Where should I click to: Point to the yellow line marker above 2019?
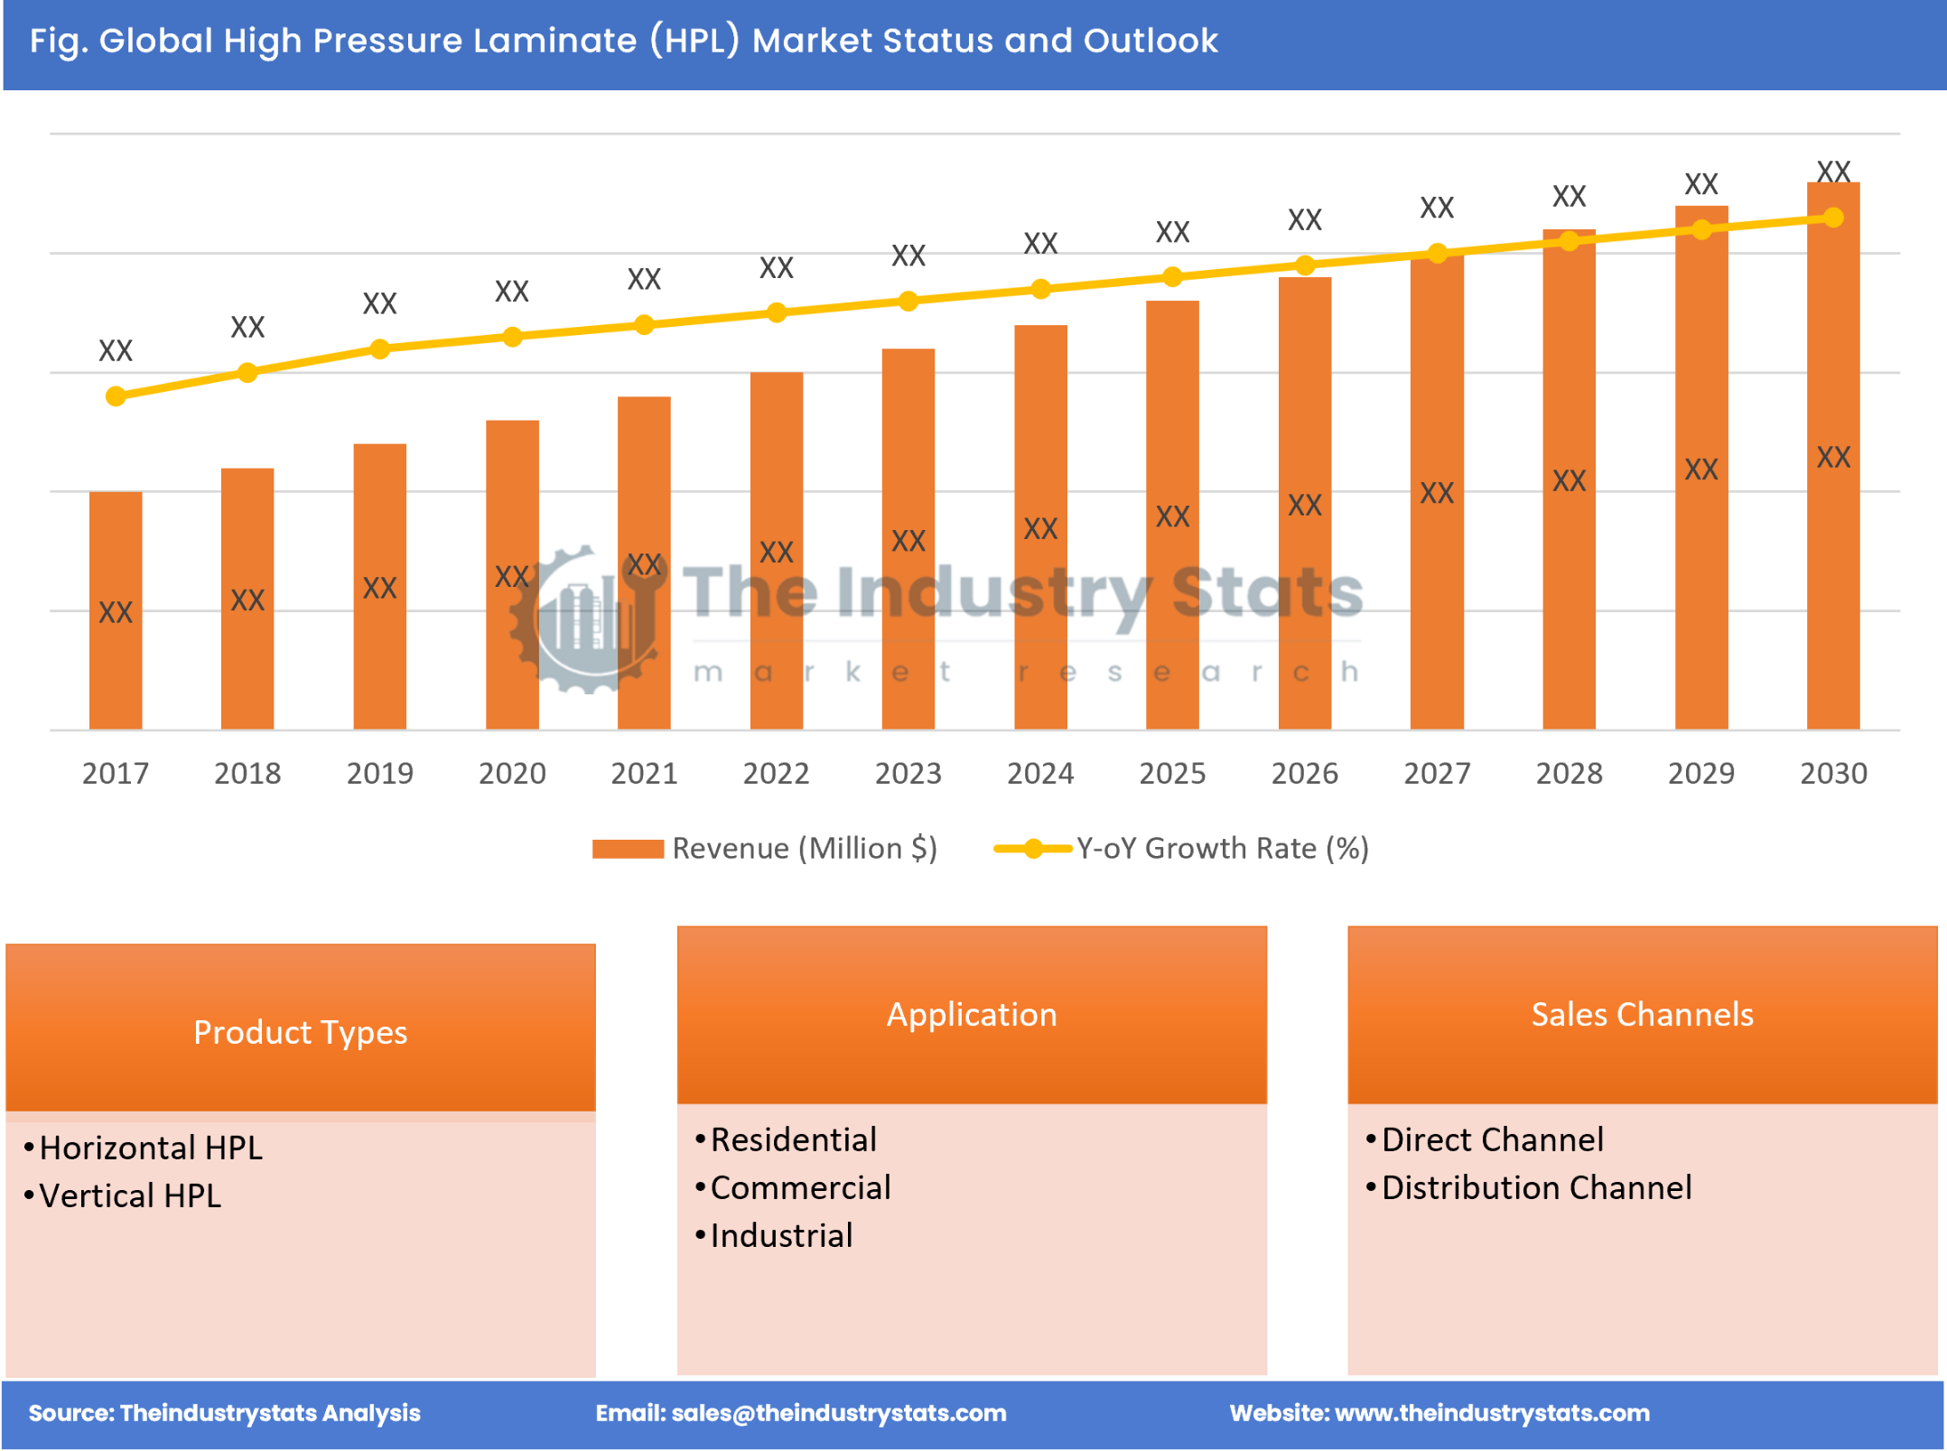(380, 349)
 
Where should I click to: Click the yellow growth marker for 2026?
(1304, 265)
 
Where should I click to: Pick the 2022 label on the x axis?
(776, 773)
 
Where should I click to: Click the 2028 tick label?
(1569, 773)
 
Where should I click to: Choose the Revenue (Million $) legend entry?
(803, 848)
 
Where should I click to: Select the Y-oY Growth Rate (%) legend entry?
(1221, 848)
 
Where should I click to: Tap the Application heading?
(971, 1013)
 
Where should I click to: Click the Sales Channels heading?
(1642, 1013)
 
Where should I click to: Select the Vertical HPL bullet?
(130, 1195)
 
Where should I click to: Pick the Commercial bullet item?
(800, 1187)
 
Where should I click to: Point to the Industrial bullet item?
(781, 1235)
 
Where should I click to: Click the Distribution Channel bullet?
(1536, 1187)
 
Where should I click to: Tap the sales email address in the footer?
(838, 1413)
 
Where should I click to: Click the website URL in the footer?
(1491, 1413)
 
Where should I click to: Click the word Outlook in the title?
(1150, 41)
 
